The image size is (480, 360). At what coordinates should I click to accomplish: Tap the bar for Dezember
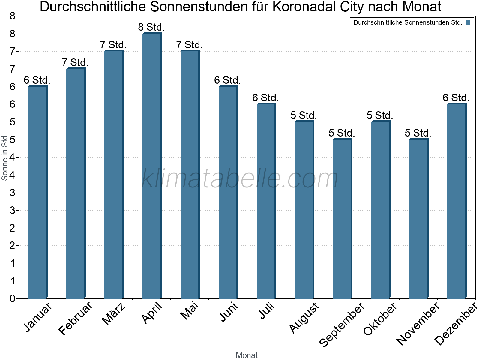click(457, 201)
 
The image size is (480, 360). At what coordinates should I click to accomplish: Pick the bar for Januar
click(37, 192)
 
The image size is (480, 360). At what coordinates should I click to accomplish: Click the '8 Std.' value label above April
click(151, 27)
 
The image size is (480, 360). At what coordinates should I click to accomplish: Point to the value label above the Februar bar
click(75, 63)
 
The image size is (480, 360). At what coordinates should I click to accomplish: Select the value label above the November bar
click(418, 133)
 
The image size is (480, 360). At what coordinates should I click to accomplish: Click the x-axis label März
click(114, 314)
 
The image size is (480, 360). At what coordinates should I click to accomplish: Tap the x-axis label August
click(304, 317)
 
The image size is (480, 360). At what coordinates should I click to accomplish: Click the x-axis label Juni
click(229, 312)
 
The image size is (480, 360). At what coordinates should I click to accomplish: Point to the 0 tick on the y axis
click(13, 298)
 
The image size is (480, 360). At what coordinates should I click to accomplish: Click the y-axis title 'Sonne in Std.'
click(5, 157)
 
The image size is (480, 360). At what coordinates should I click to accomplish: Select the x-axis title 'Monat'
click(247, 355)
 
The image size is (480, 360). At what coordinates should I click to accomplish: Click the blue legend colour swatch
click(468, 22)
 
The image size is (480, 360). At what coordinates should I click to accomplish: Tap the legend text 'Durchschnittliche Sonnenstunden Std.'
click(408, 22)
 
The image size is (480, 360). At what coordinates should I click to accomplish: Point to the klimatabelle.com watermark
click(240, 178)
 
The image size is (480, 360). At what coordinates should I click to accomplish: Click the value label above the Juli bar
click(265, 98)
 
